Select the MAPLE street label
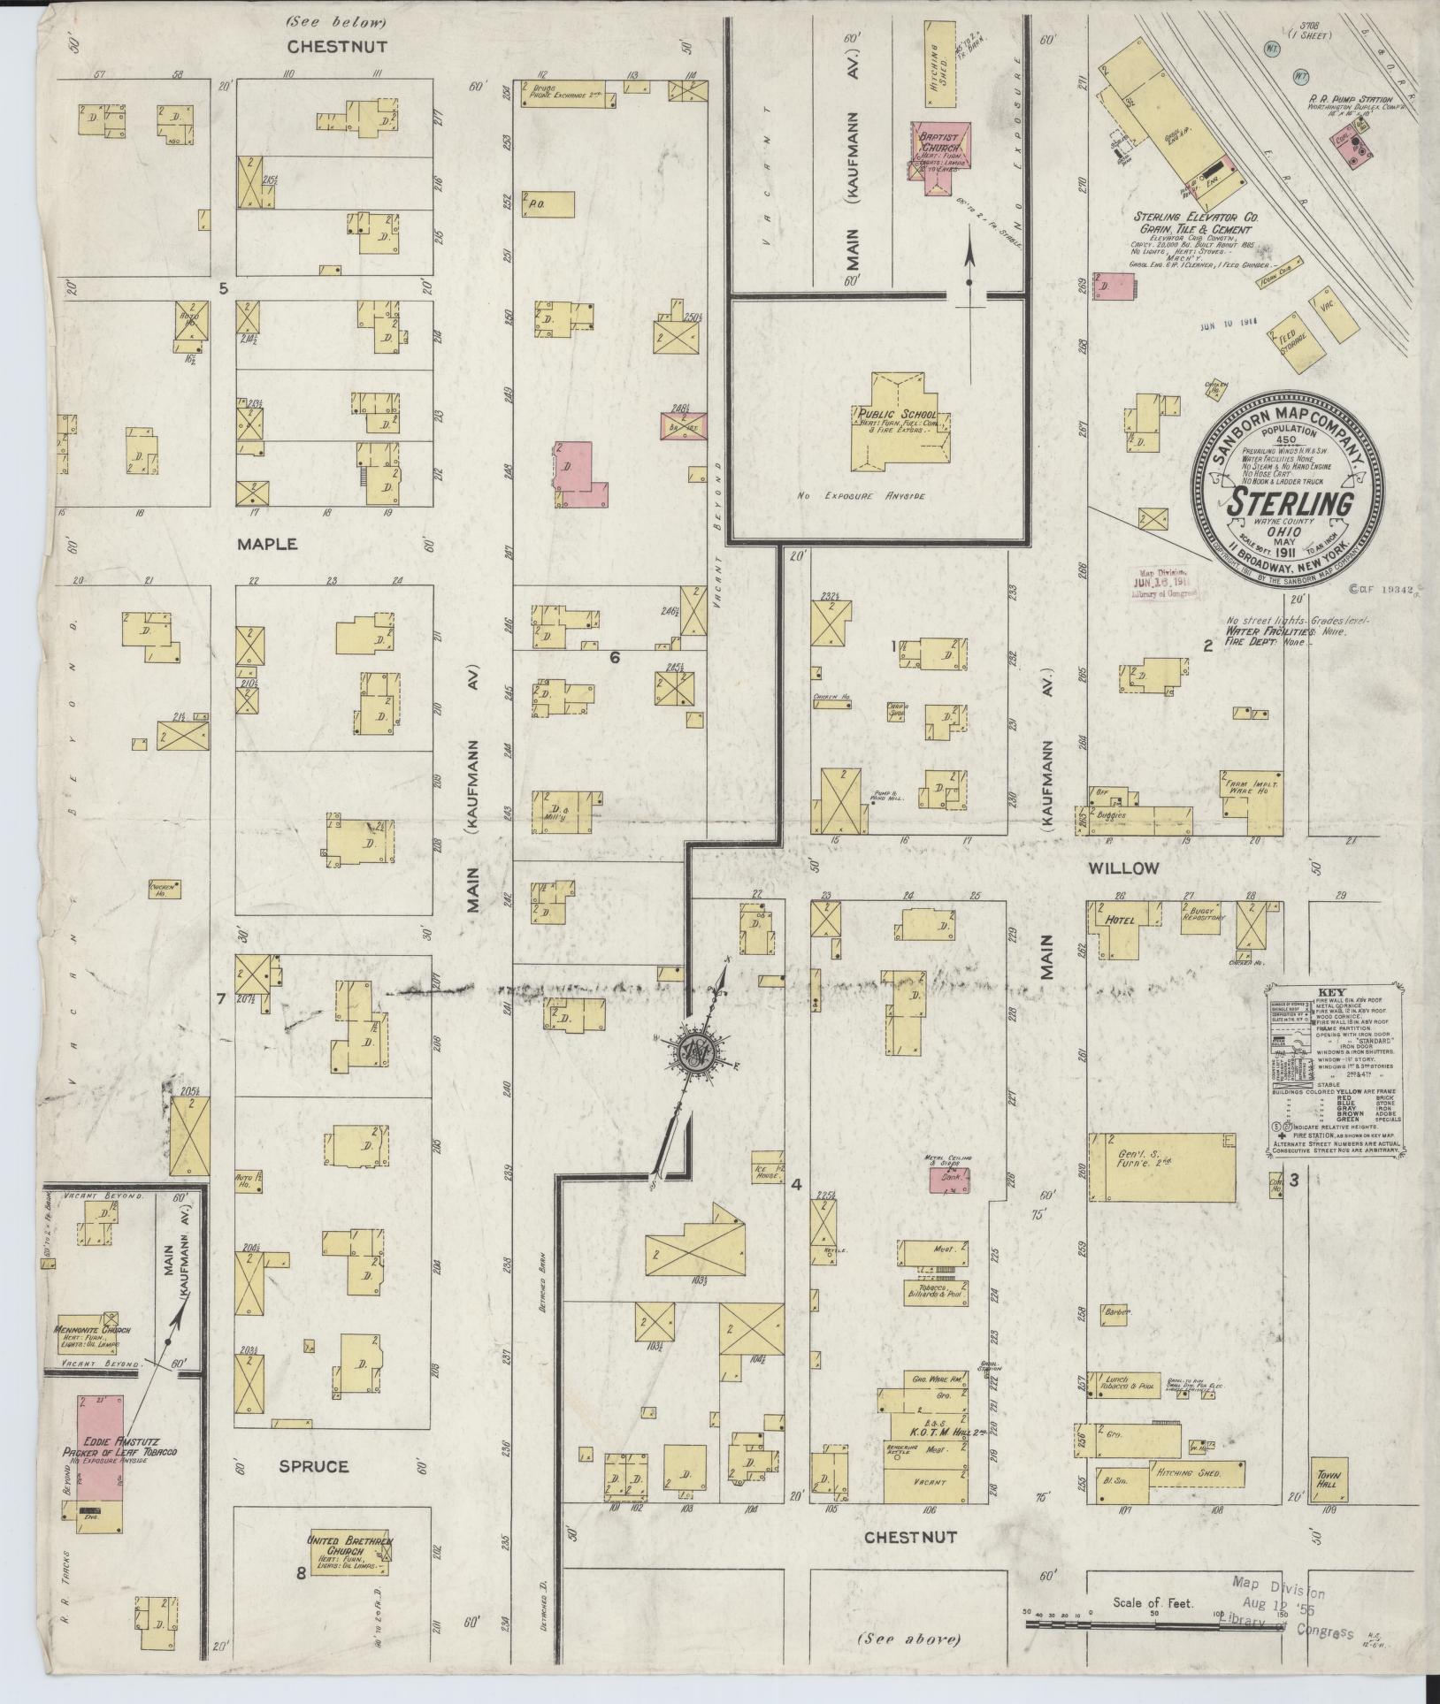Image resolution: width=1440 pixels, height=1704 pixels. tap(266, 545)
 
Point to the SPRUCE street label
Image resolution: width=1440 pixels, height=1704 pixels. tap(313, 1466)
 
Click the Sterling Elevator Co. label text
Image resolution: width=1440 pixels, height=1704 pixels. tap(1197, 216)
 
